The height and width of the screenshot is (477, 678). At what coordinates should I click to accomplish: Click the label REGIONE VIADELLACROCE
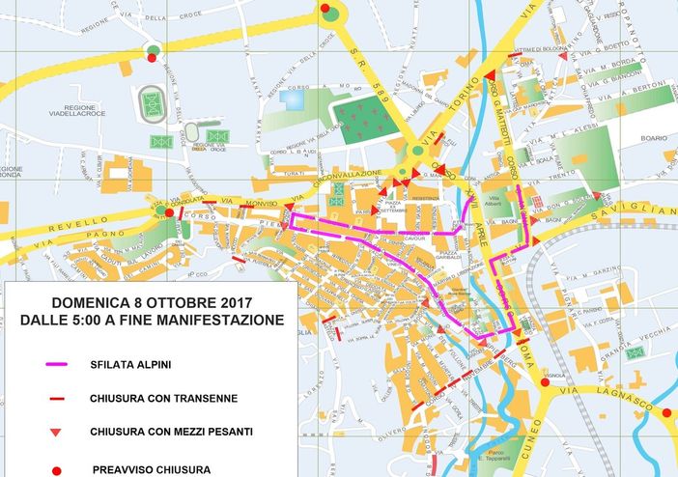[x=92, y=117]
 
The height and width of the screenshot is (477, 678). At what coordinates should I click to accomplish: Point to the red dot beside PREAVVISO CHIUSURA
[x=57, y=469]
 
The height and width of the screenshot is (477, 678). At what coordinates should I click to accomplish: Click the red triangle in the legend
[x=57, y=432]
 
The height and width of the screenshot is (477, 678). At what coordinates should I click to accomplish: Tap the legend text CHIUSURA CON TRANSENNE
[x=163, y=398]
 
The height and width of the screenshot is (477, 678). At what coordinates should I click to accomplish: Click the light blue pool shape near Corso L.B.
[x=291, y=98]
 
